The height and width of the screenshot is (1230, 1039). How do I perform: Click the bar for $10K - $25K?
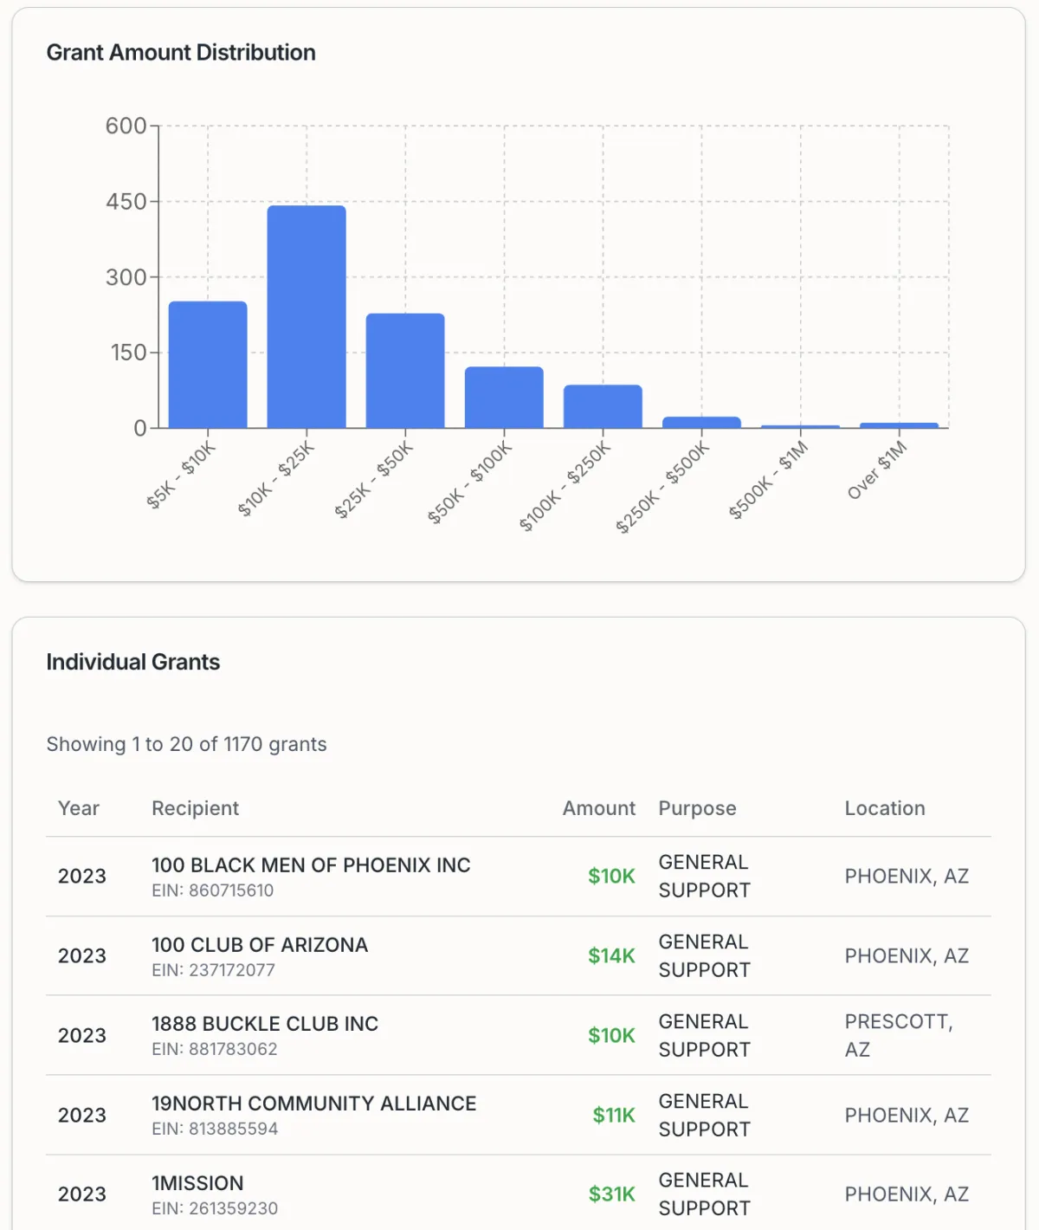click(x=307, y=316)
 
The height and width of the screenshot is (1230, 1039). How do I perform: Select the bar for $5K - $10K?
click(x=208, y=365)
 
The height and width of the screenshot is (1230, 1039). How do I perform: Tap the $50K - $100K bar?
click(x=504, y=398)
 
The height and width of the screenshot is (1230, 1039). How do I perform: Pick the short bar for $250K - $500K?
click(x=701, y=422)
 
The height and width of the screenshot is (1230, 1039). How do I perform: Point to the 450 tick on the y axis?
click(x=126, y=202)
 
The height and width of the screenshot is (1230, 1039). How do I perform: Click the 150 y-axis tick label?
click(x=128, y=353)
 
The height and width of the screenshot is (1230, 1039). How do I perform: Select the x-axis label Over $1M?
click(x=877, y=470)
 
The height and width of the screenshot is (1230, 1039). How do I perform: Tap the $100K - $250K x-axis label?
click(x=565, y=487)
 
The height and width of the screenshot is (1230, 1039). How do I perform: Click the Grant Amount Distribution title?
click(x=181, y=53)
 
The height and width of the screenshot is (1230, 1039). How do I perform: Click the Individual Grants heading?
click(x=133, y=663)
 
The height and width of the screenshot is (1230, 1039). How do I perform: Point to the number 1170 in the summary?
click(x=243, y=745)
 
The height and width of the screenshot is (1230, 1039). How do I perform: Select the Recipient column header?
click(x=195, y=808)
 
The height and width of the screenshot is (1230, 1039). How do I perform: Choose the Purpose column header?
click(x=697, y=808)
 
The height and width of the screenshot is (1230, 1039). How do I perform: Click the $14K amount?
click(x=611, y=956)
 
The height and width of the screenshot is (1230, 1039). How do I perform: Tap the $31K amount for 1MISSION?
click(x=611, y=1194)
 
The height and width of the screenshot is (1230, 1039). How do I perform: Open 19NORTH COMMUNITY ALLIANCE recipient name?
click(x=314, y=1104)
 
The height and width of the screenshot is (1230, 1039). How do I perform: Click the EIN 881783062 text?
click(x=215, y=1050)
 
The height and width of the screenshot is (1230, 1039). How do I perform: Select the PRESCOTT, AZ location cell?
click(x=898, y=1035)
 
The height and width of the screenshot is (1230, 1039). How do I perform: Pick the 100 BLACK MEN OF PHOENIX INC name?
click(x=311, y=865)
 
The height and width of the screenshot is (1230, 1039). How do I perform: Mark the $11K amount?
click(x=614, y=1116)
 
